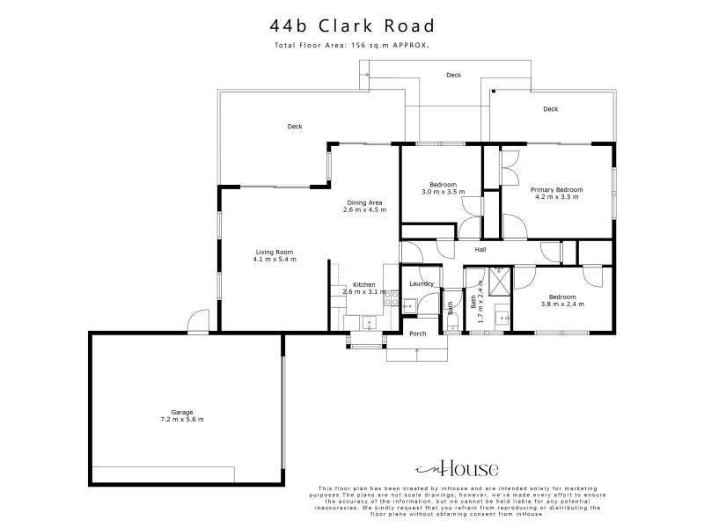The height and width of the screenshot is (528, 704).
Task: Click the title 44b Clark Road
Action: pyautogui.click(x=352, y=26)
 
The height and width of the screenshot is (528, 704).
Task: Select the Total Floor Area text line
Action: pyautogui.click(x=352, y=45)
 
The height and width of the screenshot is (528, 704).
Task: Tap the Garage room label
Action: pyautogui.click(x=182, y=412)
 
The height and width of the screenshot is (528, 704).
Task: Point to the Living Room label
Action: pyautogui.click(x=275, y=253)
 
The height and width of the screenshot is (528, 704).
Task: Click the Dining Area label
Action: pyautogui.click(x=364, y=203)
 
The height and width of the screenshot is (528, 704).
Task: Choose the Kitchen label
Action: pyautogui.click(x=364, y=284)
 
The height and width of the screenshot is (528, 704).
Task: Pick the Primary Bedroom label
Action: pyautogui.click(x=557, y=190)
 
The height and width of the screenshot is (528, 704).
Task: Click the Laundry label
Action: pyautogui.click(x=422, y=283)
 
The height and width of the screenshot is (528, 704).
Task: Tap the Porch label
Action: pyautogui.click(x=418, y=334)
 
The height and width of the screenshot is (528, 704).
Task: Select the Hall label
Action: pyautogui.click(x=480, y=250)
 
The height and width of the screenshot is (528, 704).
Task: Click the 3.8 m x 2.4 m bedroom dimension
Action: pyautogui.click(x=562, y=304)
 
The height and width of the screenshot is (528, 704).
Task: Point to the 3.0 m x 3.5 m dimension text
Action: pyautogui.click(x=444, y=192)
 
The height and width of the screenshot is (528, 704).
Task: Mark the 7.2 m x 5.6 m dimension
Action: pyautogui.click(x=182, y=420)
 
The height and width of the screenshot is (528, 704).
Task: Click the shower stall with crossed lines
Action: pyautogui.click(x=500, y=282)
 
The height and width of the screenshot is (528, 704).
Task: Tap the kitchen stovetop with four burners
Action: pyautogui.click(x=392, y=298)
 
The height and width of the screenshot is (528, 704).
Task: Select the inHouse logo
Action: pyautogui.click(x=457, y=468)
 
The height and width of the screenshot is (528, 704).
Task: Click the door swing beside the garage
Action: pyautogui.click(x=198, y=320)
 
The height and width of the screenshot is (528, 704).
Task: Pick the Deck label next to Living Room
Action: pyautogui.click(x=295, y=127)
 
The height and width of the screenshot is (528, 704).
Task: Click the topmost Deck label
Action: pyautogui.click(x=453, y=76)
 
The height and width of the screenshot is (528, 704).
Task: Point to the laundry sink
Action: pyautogui.click(x=410, y=306)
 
